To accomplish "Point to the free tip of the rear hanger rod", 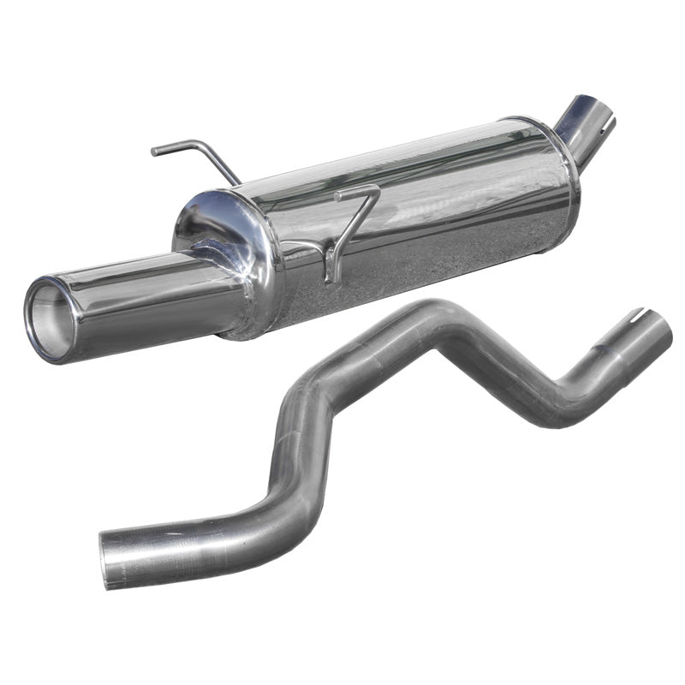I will (155, 152).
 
